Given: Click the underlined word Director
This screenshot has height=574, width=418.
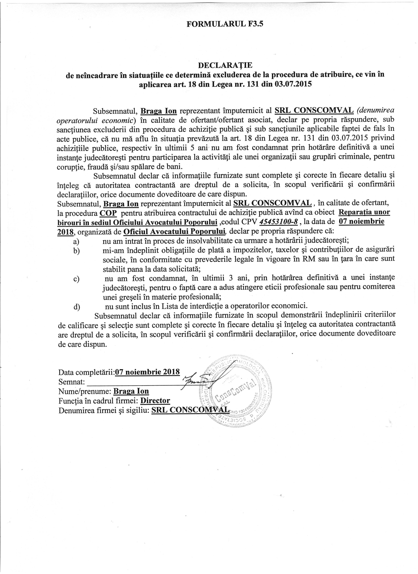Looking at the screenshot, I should pyautogui.click(x=155, y=400).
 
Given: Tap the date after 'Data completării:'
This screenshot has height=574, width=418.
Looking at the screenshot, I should pyautogui.click(x=147, y=372).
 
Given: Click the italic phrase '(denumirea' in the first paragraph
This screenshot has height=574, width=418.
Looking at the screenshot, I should pyautogui.click(x=375, y=111).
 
